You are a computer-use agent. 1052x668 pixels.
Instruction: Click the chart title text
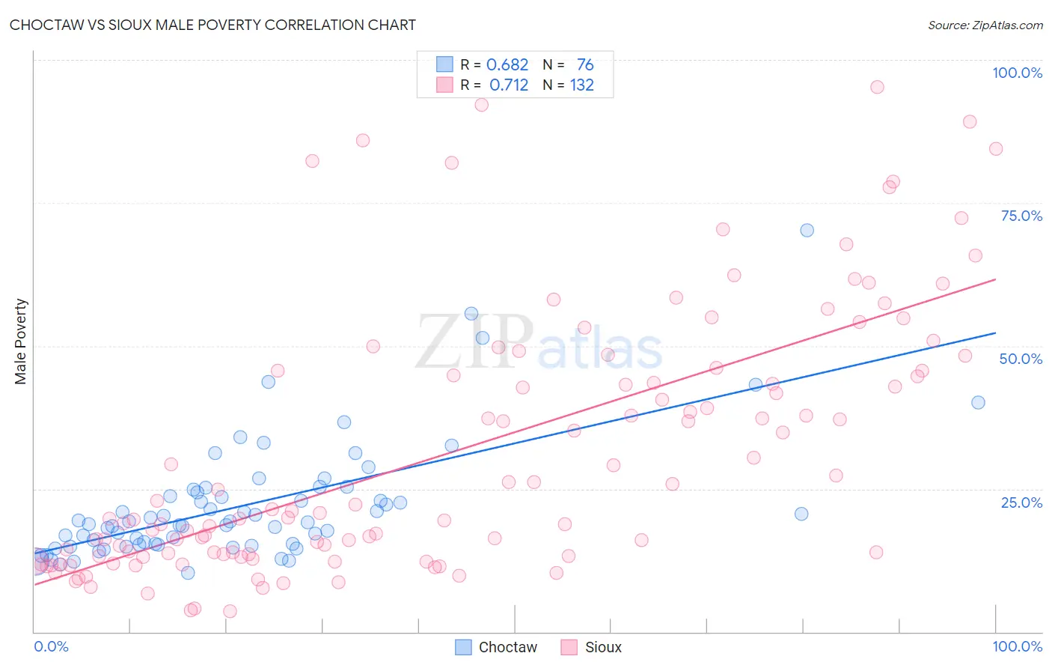tap(212, 25)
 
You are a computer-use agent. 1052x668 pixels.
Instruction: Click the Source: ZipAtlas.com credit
tap(985, 25)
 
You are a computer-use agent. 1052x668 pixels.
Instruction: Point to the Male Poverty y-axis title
tap(21, 341)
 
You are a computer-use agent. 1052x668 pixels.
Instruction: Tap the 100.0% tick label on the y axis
tap(1017, 73)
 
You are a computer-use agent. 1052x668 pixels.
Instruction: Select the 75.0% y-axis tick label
tap(1021, 216)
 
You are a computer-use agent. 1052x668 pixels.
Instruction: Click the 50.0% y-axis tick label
tap(1021, 359)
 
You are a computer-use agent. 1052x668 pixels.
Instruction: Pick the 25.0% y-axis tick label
tap(1021, 502)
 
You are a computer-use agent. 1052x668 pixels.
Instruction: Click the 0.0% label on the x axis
tap(51, 646)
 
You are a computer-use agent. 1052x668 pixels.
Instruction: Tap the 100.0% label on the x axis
tap(1017, 646)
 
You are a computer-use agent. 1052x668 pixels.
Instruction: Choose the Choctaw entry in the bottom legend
tap(497, 647)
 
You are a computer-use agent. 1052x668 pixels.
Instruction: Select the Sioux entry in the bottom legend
tap(592, 647)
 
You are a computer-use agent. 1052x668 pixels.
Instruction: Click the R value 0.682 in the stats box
tap(507, 65)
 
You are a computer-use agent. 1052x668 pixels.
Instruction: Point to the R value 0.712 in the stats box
tap(509, 85)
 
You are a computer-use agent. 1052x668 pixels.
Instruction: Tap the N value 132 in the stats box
tap(582, 85)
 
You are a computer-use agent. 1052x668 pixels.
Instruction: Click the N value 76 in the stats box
tap(585, 65)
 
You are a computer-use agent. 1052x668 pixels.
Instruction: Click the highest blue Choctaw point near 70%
tap(807, 230)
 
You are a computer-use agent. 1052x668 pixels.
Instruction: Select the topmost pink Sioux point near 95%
tap(877, 87)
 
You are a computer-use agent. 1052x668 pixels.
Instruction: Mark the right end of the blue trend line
tap(995, 333)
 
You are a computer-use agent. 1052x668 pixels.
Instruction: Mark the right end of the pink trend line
tap(995, 279)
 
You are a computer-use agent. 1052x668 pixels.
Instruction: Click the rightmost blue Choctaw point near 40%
tap(978, 402)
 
